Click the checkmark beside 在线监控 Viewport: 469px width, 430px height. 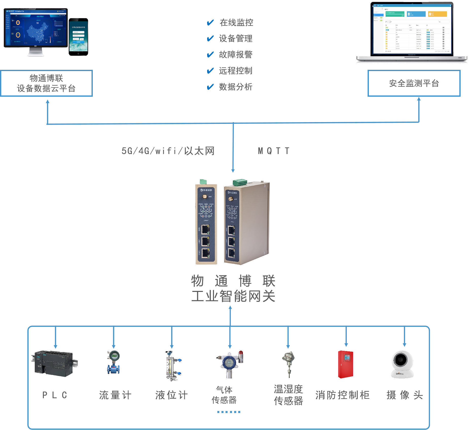[x=210, y=23]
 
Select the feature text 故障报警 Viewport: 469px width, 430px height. [x=236, y=55]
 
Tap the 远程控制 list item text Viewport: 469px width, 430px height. [x=236, y=71]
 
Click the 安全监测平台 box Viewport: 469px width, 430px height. [x=414, y=83]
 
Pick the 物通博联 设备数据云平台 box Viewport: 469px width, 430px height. [x=46, y=83]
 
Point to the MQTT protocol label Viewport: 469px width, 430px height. [x=274, y=151]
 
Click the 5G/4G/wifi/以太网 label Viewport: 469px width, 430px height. [x=168, y=151]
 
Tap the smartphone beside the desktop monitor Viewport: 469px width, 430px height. [x=78, y=37]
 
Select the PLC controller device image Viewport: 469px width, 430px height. [x=54, y=363]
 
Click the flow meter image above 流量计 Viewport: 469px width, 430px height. [x=114, y=362]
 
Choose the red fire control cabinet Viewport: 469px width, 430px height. [x=346, y=364]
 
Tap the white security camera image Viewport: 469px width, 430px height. [x=402, y=365]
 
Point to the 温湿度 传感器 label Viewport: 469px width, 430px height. [x=288, y=395]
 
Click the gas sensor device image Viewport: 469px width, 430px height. [x=230, y=365]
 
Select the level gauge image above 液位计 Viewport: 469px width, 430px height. [x=172, y=366]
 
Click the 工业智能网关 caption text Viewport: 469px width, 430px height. [x=233, y=296]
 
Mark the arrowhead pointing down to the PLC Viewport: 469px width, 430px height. [x=56, y=346]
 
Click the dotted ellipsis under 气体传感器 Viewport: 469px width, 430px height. [x=229, y=412]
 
